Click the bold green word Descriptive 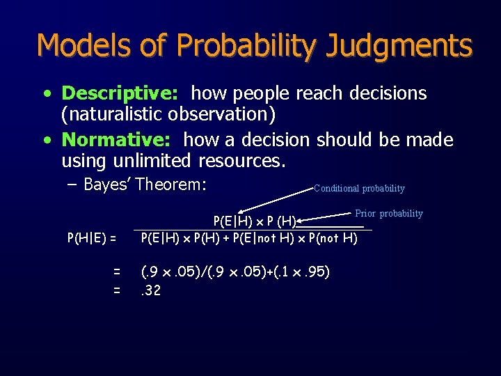tap(122, 93)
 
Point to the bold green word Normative tap(118, 140)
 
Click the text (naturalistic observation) tap(169, 114)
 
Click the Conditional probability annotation tap(359, 189)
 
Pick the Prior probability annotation tap(389, 214)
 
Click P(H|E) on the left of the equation tap(91, 238)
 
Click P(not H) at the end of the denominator tap(333, 238)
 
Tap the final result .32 tap(150, 290)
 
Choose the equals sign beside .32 tap(117, 290)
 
